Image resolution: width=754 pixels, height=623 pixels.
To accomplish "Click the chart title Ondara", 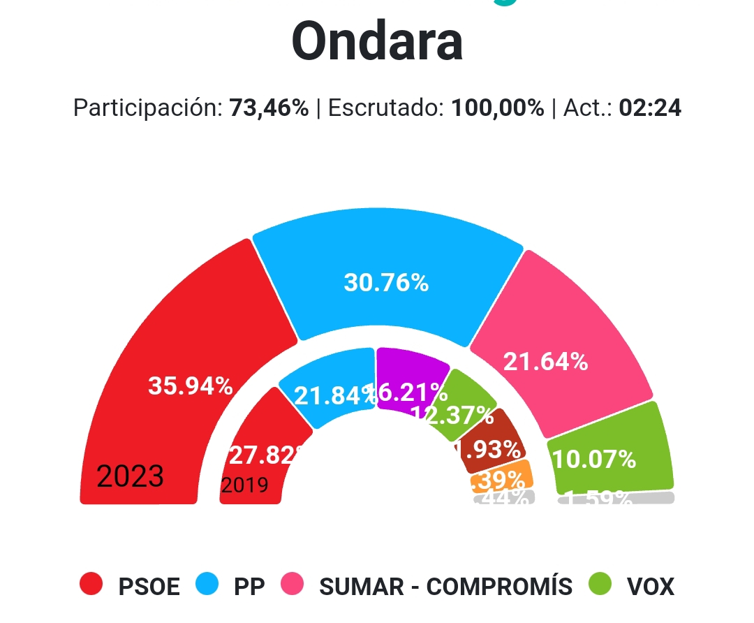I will pyautogui.click(x=377, y=41).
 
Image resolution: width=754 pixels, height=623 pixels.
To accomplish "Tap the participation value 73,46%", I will pyautogui.click(x=269, y=108).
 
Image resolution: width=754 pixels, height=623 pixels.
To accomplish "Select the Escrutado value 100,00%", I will pyautogui.click(x=497, y=108).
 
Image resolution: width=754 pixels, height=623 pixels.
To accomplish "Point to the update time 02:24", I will pyautogui.click(x=650, y=108).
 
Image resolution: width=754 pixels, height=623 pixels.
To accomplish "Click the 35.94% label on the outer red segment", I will pyautogui.click(x=190, y=386).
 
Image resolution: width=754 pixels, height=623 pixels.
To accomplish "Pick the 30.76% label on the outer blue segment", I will pyautogui.click(x=386, y=283).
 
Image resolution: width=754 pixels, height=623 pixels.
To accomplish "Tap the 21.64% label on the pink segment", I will pyautogui.click(x=545, y=362).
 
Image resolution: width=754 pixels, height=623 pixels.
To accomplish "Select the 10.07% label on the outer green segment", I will pyautogui.click(x=594, y=459).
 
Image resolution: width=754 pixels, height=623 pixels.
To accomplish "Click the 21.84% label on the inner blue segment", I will pyautogui.click(x=334, y=396).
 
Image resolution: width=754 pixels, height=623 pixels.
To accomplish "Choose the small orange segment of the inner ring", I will pyautogui.click(x=502, y=478).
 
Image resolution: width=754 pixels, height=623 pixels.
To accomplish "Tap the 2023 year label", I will pyautogui.click(x=130, y=476).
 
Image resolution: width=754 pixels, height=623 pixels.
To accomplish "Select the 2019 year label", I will pyautogui.click(x=244, y=485).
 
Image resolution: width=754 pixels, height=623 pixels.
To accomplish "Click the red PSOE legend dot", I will pyautogui.click(x=91, y=584).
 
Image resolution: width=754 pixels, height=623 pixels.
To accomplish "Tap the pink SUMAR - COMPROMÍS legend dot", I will pyautogui.click(x=293, y=584).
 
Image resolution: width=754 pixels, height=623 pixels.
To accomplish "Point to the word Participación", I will pyautogui.click(x=147, y=108).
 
